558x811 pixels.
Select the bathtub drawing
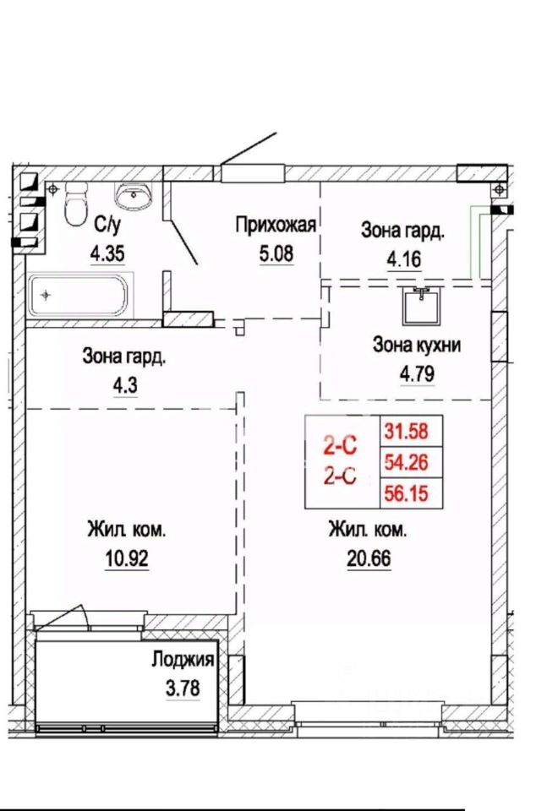[78, 296]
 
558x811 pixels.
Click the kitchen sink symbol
[423, 306]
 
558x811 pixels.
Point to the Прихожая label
[276, 226]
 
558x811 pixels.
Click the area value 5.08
[276, 254]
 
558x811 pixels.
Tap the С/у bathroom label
[107, 225]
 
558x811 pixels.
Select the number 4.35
[107, 254]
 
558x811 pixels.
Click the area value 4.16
[404, 259]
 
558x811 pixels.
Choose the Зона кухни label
[417, 345]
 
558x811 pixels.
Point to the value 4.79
[417, 373]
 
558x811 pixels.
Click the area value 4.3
[125, 385]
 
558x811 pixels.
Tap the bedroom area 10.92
[127, 558]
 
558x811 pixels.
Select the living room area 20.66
[369, 558]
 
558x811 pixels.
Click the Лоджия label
[183, 660]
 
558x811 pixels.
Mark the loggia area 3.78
[183, 689]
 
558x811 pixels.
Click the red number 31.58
[407, 431]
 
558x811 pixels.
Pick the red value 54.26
[407, 462]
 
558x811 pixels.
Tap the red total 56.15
[407, 493]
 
